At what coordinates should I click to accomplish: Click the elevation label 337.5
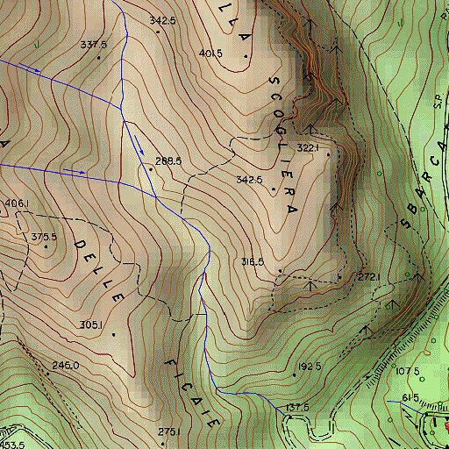pyautogui.click(x=93, y=45)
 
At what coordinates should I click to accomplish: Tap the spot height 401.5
pyautogui.click(x=210, y=53)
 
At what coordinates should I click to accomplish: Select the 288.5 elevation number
pyautogui.click(x=167, y=161)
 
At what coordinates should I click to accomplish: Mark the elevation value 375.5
pyautogui.click(x=43, y=237)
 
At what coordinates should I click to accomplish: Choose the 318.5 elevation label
pyautogui.click(x=253, y=261)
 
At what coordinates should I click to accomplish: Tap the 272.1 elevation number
pyautogui.click(x=367, y=277)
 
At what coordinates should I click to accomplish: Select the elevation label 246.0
pyautogui.click(x=66, y=365)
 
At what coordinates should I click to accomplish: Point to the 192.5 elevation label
pyautogui.click(x=310, y=367)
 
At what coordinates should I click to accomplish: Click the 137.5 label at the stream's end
pyautogui.click(x=298, y=408)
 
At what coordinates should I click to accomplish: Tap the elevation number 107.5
pyautogui.click(x=408, y=371)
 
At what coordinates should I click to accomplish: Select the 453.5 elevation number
pyautogui.click(x=12, y=445)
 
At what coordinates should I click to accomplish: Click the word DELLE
pyautogui.click(x=101, y=267)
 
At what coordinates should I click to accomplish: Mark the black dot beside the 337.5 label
pyautogui.click(x=99, y=58)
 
